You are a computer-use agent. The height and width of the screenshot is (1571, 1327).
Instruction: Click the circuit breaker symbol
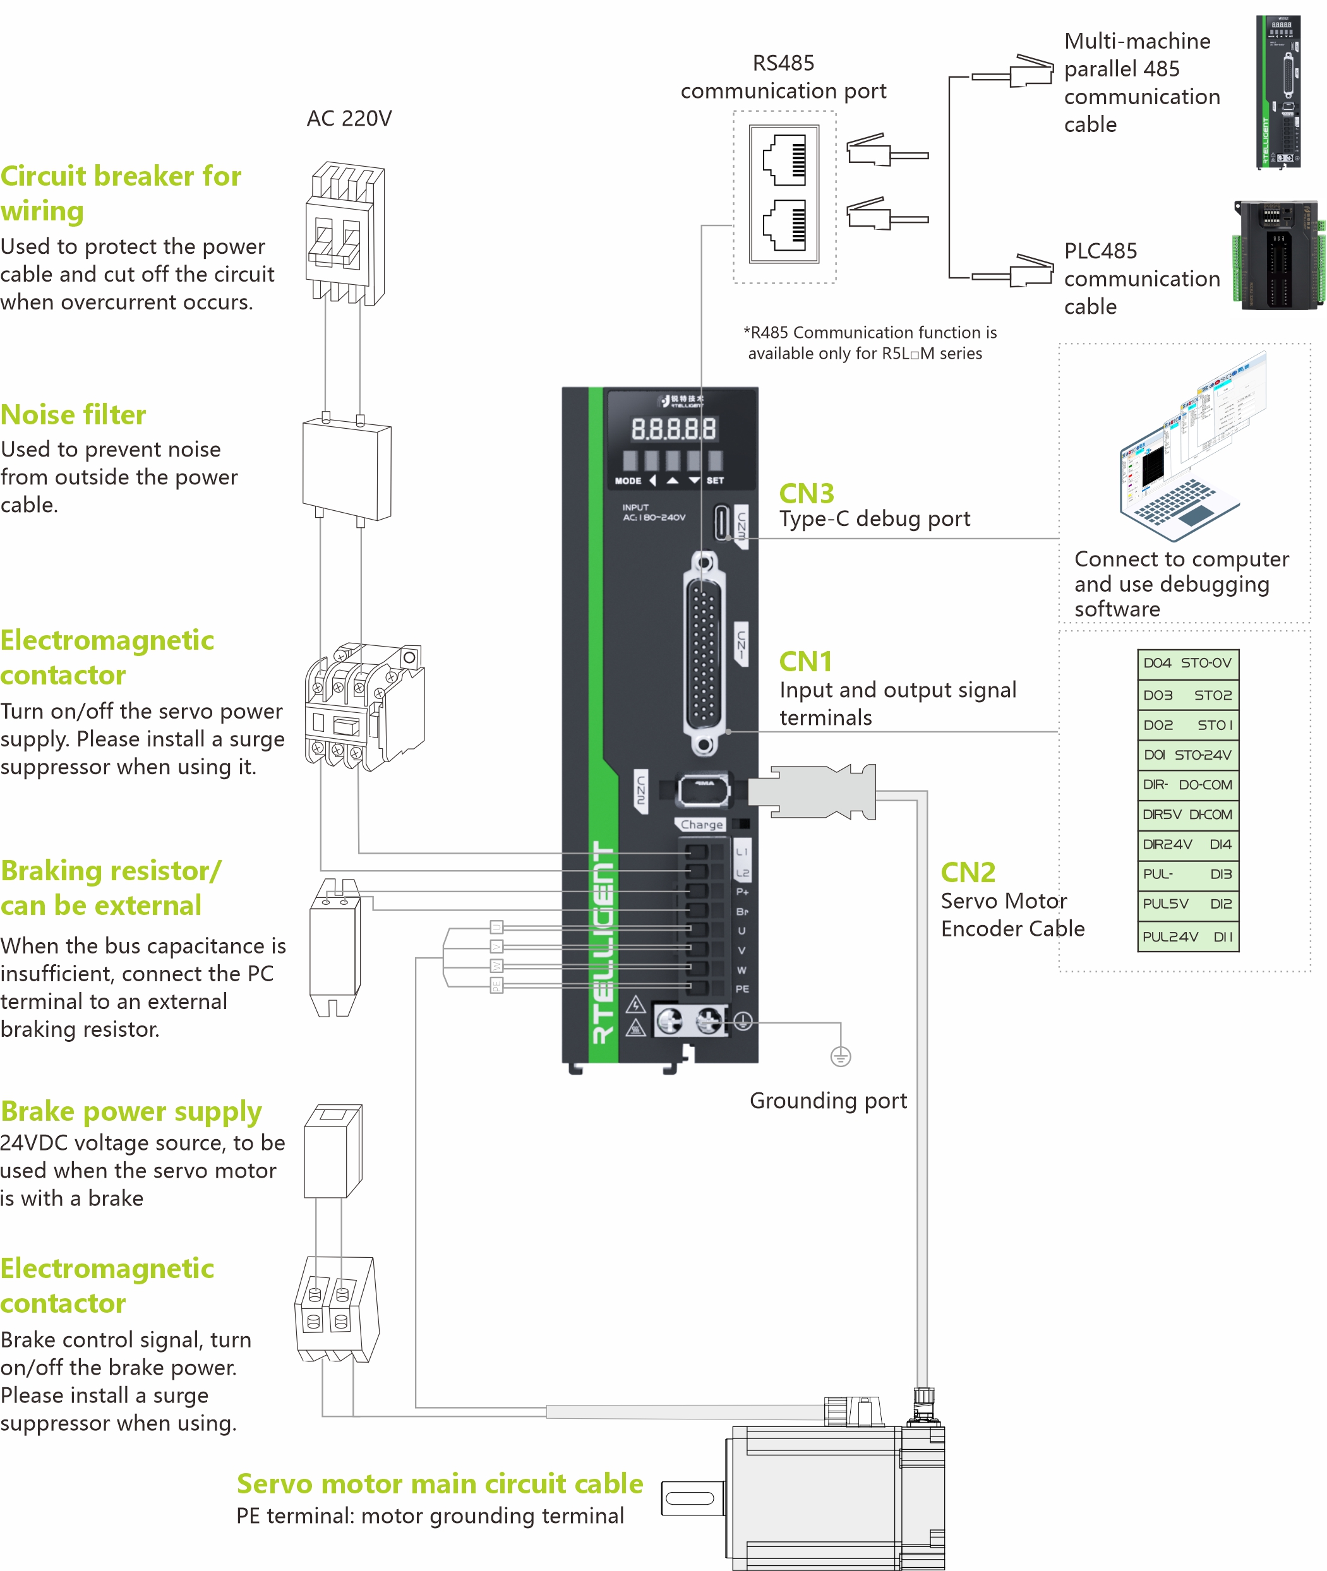[344, 234]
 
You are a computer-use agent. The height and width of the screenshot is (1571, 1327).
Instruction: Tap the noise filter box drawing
[346, 470]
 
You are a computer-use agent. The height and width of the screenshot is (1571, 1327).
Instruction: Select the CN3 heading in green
[807, 493]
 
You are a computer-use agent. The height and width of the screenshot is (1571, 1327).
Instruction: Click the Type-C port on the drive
[722, 522]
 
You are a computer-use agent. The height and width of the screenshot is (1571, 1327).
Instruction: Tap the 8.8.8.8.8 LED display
[673, 429]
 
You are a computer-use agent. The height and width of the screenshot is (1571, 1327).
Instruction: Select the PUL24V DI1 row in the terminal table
[1187, 936]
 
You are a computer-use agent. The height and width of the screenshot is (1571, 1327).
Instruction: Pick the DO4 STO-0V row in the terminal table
[1187, 662]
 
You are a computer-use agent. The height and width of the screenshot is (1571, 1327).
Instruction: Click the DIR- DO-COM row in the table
[1187, 784]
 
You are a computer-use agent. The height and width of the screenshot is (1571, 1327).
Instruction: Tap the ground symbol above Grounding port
[840, 1056]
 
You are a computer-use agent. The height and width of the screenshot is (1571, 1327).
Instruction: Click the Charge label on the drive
[701, 824]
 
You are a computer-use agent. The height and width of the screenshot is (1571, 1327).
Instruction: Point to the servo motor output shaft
[690, 1498]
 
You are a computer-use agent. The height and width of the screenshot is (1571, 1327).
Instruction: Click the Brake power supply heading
[131, 1111]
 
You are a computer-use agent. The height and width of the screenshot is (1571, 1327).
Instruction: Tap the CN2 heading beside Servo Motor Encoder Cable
[968, 873]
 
